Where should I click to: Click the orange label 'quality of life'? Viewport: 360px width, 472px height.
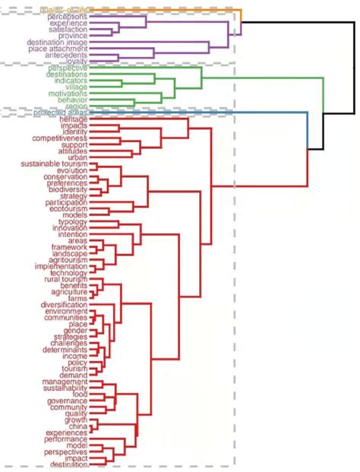(x=65, y=9)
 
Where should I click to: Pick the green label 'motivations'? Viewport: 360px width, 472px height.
(x=68, y=93)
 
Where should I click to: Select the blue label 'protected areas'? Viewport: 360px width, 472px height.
(x=60, y=112)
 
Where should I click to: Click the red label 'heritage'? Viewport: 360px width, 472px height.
(x=72, y=119)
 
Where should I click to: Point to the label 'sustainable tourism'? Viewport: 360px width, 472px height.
(x=54, y=164)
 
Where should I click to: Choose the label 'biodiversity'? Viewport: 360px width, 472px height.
(x=68, y=189)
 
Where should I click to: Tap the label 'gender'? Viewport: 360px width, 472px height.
(x=76, y=331)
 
